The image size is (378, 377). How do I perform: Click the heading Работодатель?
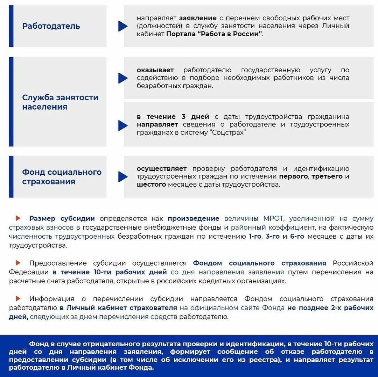tap(51, 26)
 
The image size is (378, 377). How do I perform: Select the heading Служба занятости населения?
tap(60, 102)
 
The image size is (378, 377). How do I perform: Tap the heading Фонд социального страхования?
tap(62, 177)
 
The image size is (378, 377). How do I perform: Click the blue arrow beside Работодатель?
tap(122, 26)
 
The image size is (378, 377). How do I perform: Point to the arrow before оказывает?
tap(122, 78)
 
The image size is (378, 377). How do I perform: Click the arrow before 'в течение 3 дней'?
tap(122, 125)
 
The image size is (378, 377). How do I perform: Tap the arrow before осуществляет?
tap(122, 177)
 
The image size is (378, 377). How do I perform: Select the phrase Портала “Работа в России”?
tap(215, 34)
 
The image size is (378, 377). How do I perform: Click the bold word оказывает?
tap(155, 70)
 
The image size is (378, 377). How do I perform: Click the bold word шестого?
tap(151, 184)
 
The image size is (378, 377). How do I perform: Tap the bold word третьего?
tap(327, 176)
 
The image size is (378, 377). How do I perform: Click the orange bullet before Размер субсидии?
tap(18, 218)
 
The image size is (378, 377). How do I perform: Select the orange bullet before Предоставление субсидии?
tap(18, 263)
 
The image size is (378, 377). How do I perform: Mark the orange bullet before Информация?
tap(18, 298)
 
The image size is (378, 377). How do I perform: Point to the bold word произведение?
tap(194, 219)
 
